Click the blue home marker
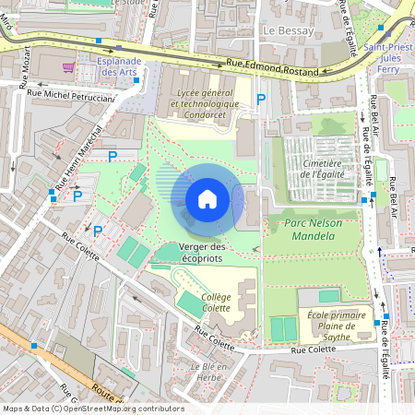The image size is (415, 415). pos(207,199)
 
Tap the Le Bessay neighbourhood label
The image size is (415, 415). pos(289,30)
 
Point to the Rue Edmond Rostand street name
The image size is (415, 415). pos(273,68)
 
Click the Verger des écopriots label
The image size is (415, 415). pos(202,252)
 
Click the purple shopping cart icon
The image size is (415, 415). pos(68,66)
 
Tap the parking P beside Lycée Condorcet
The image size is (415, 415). pos(261,99)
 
